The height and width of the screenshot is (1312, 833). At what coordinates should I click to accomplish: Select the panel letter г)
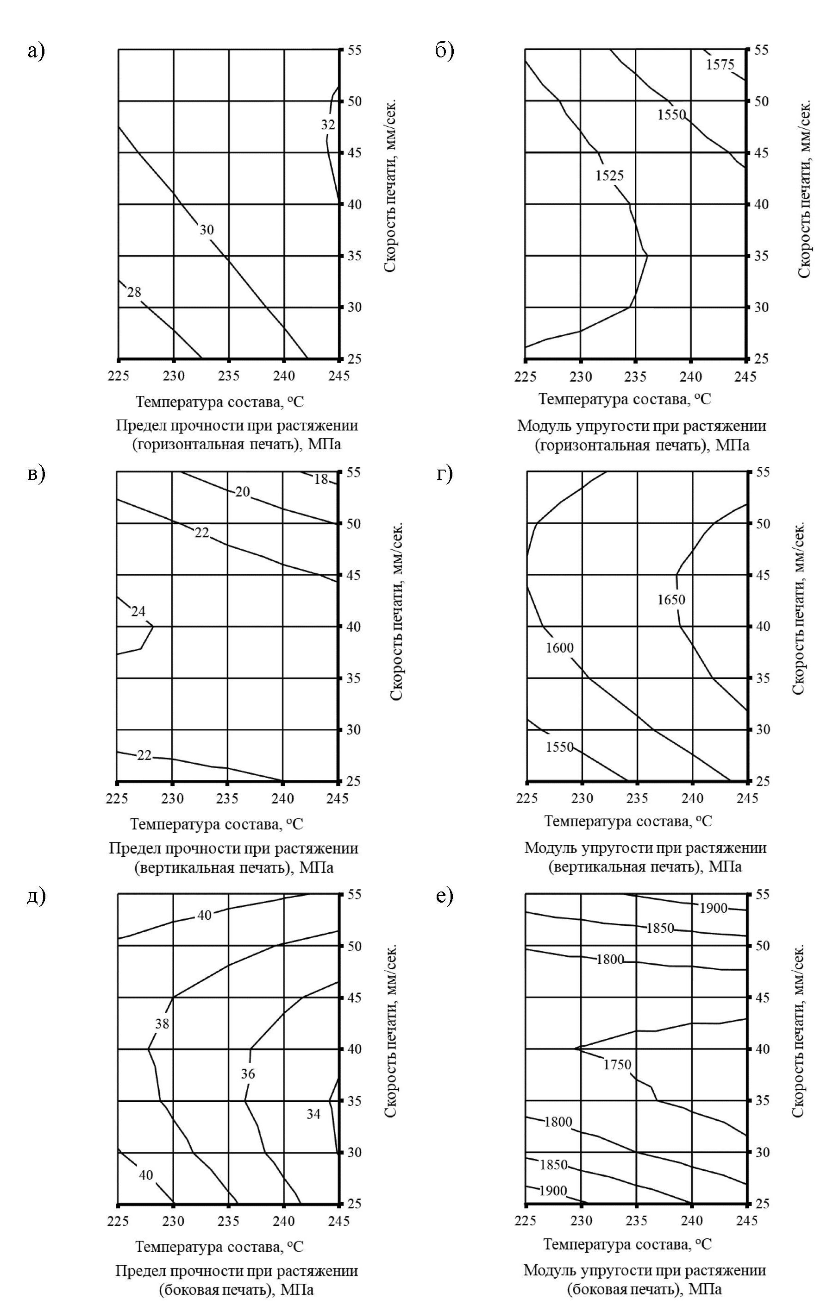coord(445,473)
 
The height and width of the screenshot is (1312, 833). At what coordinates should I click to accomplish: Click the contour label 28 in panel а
coord(134,293)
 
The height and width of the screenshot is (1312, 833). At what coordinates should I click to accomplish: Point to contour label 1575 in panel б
coord(720,65)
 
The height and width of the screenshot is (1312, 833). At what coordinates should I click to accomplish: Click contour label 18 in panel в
coord(321,479)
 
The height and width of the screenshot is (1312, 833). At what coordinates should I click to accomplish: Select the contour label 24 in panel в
coord(138,611)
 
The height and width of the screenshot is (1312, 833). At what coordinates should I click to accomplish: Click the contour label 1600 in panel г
coord(559,648)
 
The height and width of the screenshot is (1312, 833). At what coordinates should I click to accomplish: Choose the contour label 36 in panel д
coord(248,1074)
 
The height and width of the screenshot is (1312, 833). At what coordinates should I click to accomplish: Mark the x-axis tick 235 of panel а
coord(228,376)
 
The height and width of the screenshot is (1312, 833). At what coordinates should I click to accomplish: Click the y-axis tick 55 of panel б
coord(761,50)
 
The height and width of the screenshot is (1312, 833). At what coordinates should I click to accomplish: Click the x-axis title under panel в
coord(216,824)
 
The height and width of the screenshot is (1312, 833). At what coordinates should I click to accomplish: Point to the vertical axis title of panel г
coord(798,609)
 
